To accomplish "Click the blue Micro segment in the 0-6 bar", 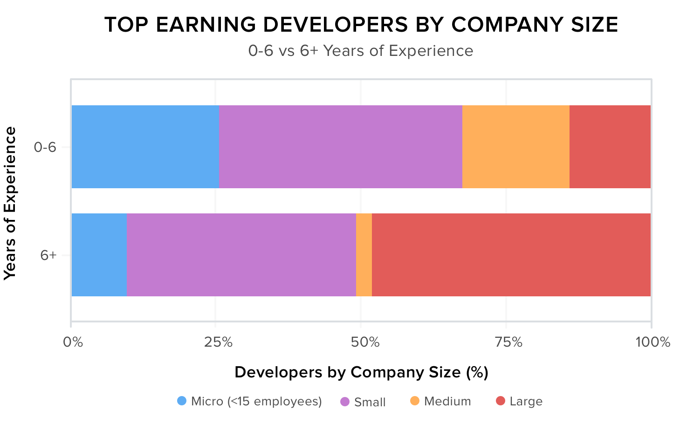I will [x=145, y=147].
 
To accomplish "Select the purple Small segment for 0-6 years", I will [x=340, y=147].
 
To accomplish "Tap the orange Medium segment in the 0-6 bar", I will [x=515, y=147].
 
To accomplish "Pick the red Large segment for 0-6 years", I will [x=610, y=147].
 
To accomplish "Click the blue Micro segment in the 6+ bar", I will [x=99, y=255].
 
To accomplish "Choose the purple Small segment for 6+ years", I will [x=241, y=255].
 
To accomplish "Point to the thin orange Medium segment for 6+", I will [x=364, y=255].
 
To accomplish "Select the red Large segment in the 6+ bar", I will [x=511, y=255].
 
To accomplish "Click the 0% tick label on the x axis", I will [x=73, y=342].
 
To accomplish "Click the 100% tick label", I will [x=652, y=342].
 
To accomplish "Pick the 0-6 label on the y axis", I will [x=45, y=148].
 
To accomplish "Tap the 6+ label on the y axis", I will [x=48, y=255].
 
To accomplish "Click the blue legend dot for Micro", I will [x=182, y=401].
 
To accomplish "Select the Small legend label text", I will [x=370, y=402].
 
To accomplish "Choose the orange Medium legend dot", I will [x=414, y=401].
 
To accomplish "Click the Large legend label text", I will [x=526, y=402].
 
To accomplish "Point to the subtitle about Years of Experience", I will [x=361, y=50].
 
